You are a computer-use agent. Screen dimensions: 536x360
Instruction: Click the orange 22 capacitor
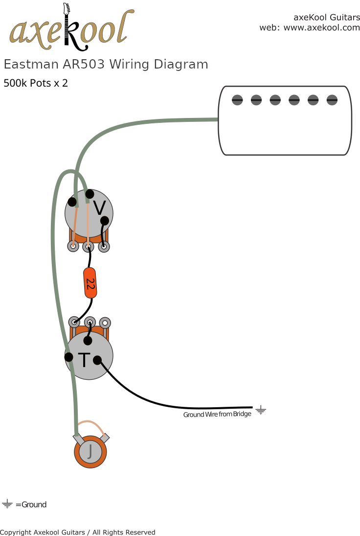[x=90, y=283]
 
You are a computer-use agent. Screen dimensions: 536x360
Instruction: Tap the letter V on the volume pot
[x=99, y=209]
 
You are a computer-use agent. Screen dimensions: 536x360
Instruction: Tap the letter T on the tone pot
[x=84, y=360]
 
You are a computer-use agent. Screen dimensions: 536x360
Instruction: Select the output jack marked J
[x=90, y=451]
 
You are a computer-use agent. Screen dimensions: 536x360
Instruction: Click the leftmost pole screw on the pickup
[x=237, y=100]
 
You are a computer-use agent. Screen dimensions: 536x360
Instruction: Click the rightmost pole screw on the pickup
[x=332, y=100]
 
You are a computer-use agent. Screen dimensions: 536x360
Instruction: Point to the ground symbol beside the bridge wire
[x=261, y=410]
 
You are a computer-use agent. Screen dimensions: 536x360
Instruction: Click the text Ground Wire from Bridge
[x=217, y=415]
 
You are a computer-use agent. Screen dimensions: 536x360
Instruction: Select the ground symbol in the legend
[x=7, y=504]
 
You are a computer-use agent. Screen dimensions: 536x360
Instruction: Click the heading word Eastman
[x=31, y=65]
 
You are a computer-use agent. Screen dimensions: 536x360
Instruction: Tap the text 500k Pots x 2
[x=36, y=83]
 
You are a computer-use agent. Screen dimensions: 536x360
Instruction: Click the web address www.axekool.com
[x=321, y=28]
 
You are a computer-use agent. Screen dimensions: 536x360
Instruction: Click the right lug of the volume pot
[x=104, y=247]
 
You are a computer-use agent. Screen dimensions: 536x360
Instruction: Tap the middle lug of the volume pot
[x=88, y=247]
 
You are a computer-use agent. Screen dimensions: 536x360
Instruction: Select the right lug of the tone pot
[x=105, y=322]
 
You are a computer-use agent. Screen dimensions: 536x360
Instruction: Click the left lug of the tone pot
[x=74, y=322]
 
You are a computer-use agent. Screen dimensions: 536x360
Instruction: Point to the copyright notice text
[x=77, y=532]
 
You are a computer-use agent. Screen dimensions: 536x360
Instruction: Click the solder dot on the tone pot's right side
[x=97, y=360]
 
